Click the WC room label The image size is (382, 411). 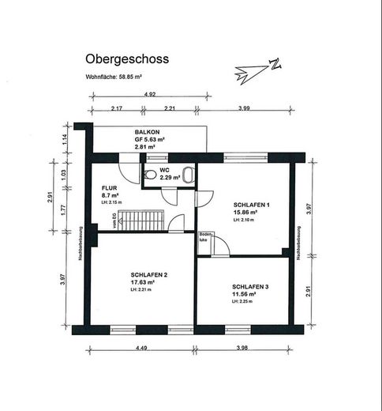tap(165, 169)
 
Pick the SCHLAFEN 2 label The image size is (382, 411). tap(148, 274)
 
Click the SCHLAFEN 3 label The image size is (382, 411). tap(250, 286)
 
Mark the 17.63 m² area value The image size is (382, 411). tap(143, 282)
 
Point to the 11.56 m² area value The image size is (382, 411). tap(245, 294)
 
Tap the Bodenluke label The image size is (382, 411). tap(205, 237)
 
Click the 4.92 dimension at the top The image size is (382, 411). tap(149, 94)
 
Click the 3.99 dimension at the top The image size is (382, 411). tap(244, 107)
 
